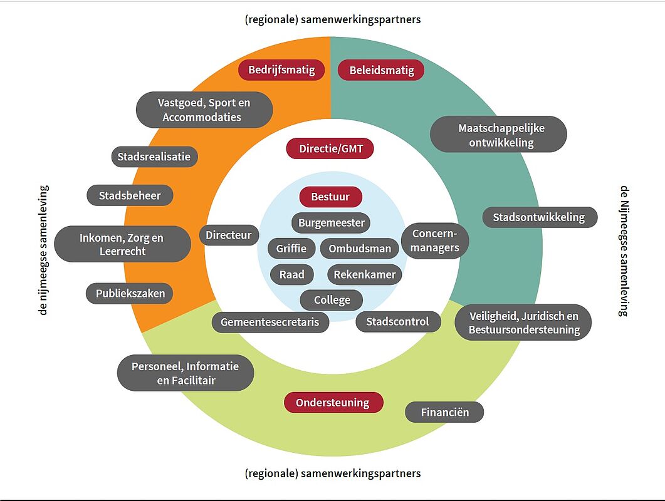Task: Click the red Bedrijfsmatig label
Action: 281,70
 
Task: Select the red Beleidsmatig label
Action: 381,70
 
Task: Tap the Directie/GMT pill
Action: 330,149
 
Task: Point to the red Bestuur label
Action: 331,197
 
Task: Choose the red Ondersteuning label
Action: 333,402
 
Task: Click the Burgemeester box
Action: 331,223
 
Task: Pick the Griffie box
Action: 291,249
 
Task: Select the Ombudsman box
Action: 360,249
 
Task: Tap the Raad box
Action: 292,275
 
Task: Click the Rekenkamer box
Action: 364,275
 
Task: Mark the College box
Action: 332,300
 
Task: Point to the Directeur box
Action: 229,235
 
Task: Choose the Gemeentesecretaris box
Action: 270,322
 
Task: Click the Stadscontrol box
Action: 398,322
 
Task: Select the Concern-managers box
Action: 435,240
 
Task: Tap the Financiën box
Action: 444,412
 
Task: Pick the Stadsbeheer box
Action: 130,195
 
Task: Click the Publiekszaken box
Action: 130,293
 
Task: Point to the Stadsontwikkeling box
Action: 540,217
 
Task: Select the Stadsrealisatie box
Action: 154,157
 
